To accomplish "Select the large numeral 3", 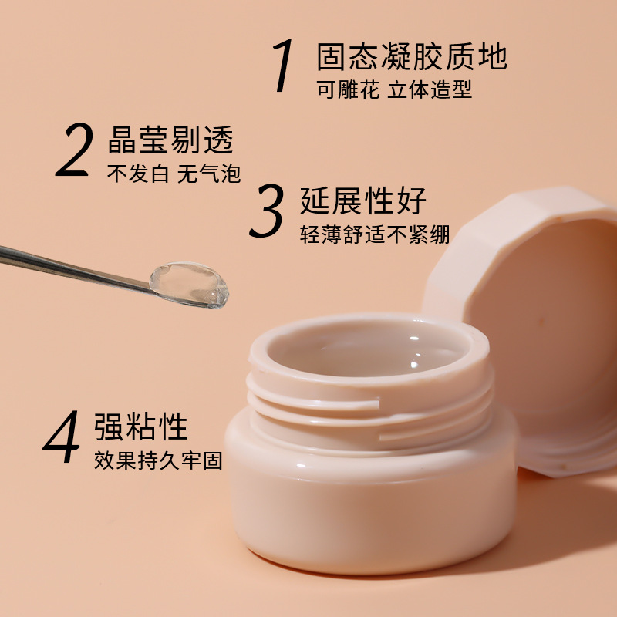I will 268,211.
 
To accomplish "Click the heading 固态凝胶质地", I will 412,57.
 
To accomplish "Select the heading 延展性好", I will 363,201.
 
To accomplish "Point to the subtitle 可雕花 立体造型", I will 393,89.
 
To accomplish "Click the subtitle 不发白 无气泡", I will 174,173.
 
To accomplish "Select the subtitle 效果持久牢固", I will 158,461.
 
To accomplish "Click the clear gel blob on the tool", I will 189,283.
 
